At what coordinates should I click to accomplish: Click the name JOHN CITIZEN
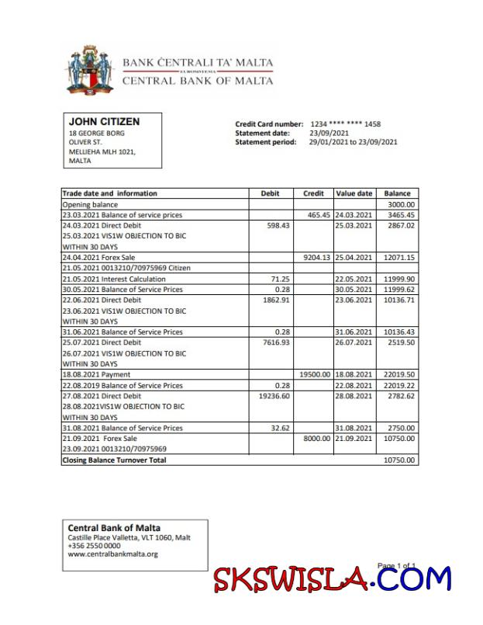(104, 122)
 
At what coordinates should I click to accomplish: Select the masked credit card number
(345, 124)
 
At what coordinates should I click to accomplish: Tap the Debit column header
(271, 193)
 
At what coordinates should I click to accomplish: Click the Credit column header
(313, 193)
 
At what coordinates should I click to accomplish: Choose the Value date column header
(354, 193)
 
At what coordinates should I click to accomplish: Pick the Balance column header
(397, 193)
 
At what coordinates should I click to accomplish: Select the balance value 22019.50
(399, 374)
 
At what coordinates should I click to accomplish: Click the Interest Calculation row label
(114, 279)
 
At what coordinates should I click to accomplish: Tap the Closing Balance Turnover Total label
(114, 460)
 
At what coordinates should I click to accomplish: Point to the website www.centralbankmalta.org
(112, 554)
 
